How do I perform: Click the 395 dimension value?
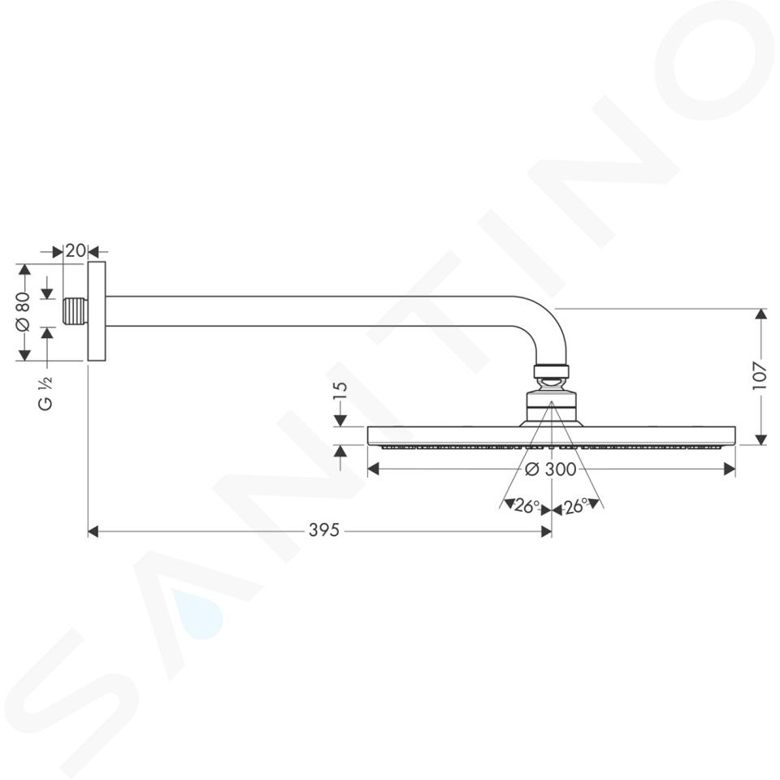coord(324,531)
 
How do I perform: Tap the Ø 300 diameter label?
coord(551,469)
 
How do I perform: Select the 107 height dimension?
coord(760,375)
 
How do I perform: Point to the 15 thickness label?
coord(340,391)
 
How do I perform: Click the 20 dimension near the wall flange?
coord(76,251)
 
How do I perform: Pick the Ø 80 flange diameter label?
coord(24,311)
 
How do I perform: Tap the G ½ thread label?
coord(45,392)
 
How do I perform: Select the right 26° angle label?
coord(574,506)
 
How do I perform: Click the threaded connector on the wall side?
coord(76,311)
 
